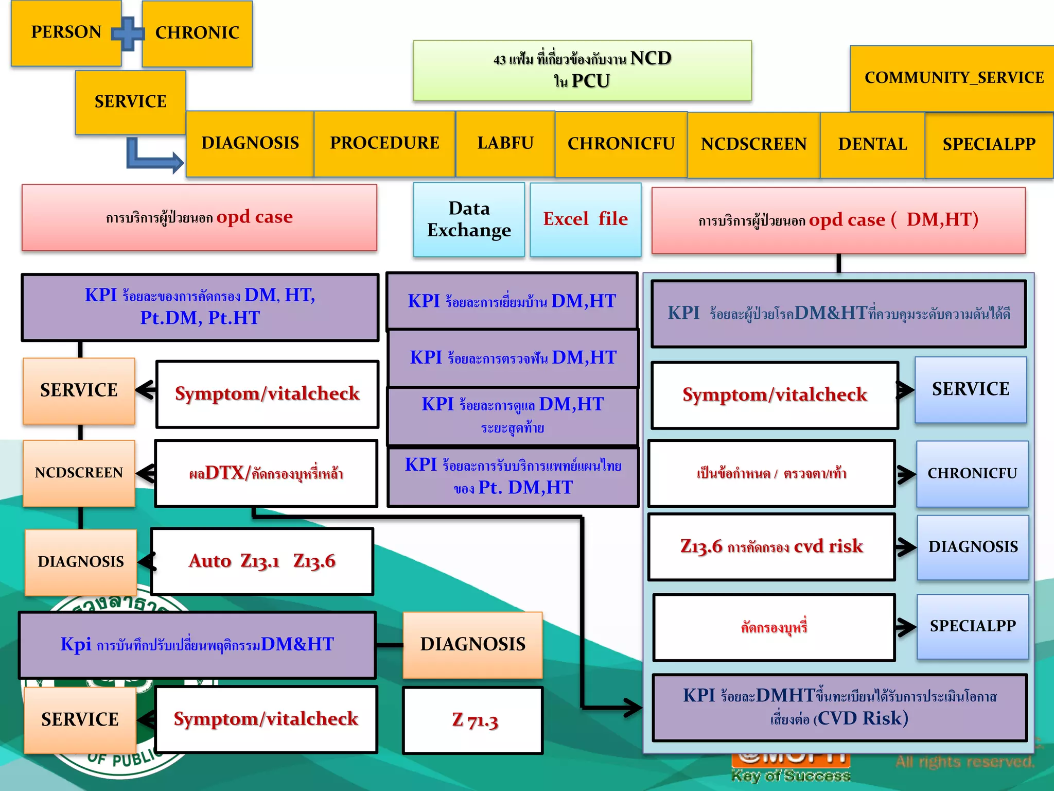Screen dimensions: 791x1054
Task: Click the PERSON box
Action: [66, 33]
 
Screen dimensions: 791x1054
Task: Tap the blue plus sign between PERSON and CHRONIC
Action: [128, 33]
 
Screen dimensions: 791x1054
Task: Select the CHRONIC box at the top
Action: [197, 33]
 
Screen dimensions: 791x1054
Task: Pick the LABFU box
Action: [505, 144]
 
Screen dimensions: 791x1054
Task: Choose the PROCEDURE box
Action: [384, 144]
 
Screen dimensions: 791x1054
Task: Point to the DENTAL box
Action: [872, 145]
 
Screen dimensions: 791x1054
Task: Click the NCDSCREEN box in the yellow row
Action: [753, 145]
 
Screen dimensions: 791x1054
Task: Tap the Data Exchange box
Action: [469, 219]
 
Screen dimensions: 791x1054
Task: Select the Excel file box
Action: [586, 219]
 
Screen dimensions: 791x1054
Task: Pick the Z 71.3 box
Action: [473, 720]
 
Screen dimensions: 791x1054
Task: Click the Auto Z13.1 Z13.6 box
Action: [262, 561]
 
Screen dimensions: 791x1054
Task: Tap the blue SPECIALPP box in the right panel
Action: [973, 626]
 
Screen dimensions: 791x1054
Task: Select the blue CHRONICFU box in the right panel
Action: [972, 474]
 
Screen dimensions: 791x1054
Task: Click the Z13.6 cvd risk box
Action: [771, 547]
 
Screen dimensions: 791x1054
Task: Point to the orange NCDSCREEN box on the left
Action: [79, 473]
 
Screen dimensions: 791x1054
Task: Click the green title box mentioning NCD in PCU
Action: [582, 70]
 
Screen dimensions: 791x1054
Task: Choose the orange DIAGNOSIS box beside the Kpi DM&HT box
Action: [472, 645]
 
